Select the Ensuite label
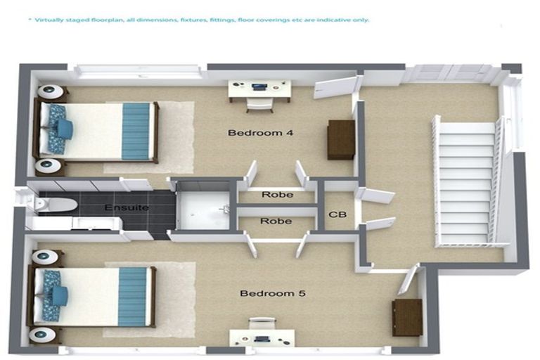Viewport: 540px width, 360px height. [x=127, y=208]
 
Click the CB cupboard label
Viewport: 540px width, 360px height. [x=337, y=214]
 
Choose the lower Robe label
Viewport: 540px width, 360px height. [x=276, y=221]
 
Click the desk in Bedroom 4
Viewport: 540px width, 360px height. [x=259, y=89]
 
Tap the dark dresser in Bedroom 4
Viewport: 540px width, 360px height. [x=341, y=139]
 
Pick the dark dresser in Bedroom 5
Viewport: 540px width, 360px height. [x=407, y=317]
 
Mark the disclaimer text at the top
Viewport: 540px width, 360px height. [x=198, y=20]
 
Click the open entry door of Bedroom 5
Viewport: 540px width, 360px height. [x=409, y=279]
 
